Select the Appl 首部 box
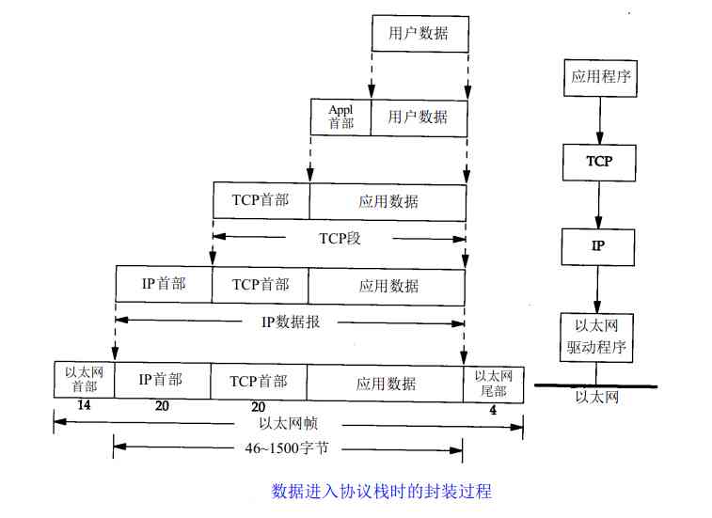click(340, 118)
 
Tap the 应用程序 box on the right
click(599, 76)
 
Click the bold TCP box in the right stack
click(599, 162)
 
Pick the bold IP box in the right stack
click(599, 246)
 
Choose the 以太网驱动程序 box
click(599, 337)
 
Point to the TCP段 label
click(340, 238)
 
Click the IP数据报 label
click(291, 322)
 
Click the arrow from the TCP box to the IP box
click(599, 204)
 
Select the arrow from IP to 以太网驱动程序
click(599, 290)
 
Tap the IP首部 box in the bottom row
click(161, 380)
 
